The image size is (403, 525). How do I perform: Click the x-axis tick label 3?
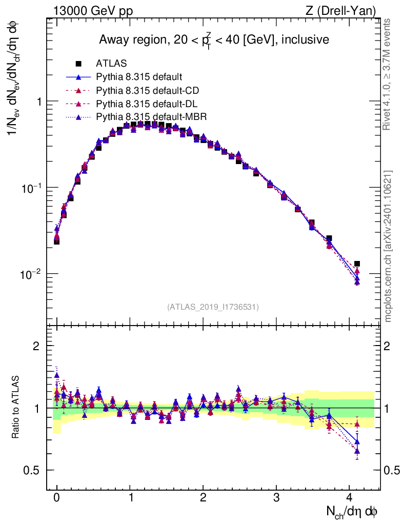tap(276, 497)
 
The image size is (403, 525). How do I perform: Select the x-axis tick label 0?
tap(56, 497)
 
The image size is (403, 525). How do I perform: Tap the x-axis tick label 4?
tap(350, 497)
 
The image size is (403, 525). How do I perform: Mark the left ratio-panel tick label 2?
tap(36, 346)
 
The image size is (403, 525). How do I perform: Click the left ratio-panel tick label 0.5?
tap(32, 471)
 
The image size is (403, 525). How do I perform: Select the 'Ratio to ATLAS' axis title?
tap(16, 408)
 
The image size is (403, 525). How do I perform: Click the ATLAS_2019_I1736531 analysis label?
tap(213, 307)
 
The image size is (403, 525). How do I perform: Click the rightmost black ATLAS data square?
tap(357, 264)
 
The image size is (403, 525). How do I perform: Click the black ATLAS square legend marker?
tap(78, 64)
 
